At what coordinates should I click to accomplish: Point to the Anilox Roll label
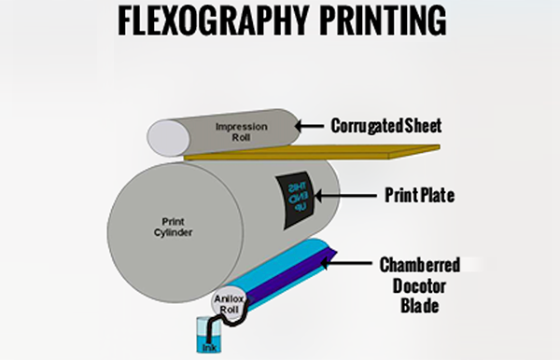pyautogui.click(x=229, y=304)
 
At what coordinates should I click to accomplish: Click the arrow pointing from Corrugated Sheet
pyautogui.click(x=314, y=124)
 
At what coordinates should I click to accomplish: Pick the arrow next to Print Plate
pyautogui.click(x=335, y=196)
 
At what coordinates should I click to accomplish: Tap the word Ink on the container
pyautogui.click(x=209, y=348)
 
